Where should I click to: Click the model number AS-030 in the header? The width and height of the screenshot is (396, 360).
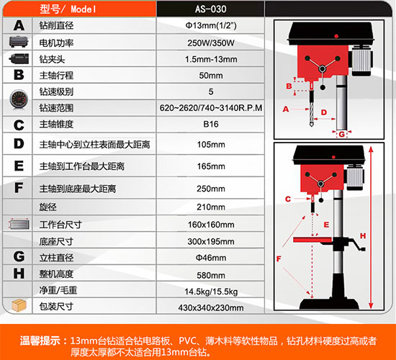pyautogui.click(x=211, y=9)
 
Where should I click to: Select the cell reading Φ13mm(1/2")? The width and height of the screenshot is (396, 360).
pyautogui.click(x=211, y=25)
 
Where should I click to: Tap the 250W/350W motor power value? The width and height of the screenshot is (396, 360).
pyautogui.click(x=211, y=43)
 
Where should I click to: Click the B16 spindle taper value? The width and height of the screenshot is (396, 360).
pyautogui.click(x=211, y=125)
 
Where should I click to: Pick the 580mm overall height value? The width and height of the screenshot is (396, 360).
pyautogui.click(x=211, y=275)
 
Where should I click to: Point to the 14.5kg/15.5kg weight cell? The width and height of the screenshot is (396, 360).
pyautogui.click(x=211, y=292)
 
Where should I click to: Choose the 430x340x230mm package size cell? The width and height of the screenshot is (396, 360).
pyautogui.click(x=211, y=307)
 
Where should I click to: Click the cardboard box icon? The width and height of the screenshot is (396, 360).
pyautogui.click(x=19, y=305)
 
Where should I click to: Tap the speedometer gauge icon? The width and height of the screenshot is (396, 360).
pyautogui.click(x=19, y=99)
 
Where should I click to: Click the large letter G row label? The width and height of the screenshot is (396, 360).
pyautogui.click(x=19, y=256)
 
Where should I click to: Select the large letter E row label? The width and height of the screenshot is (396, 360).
pyautogui.click(x=19, y=166)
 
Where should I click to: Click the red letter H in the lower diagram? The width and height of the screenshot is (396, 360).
pyautogui.click(x=363, y=235)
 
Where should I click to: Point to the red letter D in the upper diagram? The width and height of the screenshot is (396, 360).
pyautogui.click(x=324, y=112)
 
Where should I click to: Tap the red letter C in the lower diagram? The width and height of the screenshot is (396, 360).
pyautogui.click(x=288, y=199)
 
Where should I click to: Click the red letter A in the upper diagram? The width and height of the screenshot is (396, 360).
pyautogui.click(x=286, y=109)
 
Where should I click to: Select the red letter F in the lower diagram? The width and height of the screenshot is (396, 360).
pyautogui.click(x=279, y=258)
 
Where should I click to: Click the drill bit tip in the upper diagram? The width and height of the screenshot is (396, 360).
pyautogui.click(x=312, y=125)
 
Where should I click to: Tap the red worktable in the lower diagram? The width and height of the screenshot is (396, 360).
pyautogui.click(x=312, y=239)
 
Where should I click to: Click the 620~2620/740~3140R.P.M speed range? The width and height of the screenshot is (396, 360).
pyautogui.click(x=211, y=108)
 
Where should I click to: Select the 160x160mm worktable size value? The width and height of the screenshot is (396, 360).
pyautogui.click(x=211, y=225)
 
